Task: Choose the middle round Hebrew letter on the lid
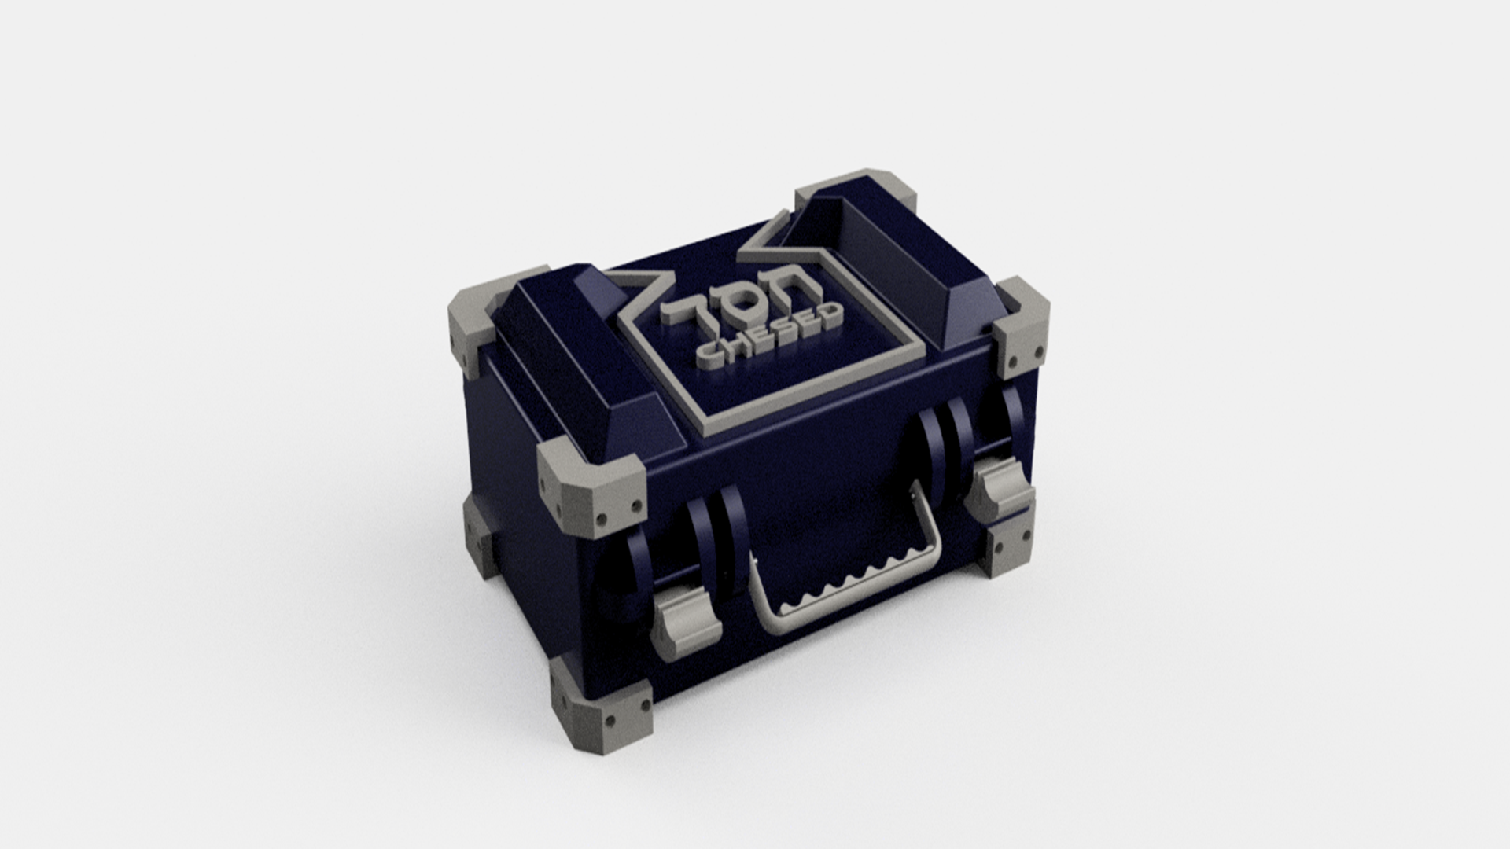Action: [738, 307]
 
